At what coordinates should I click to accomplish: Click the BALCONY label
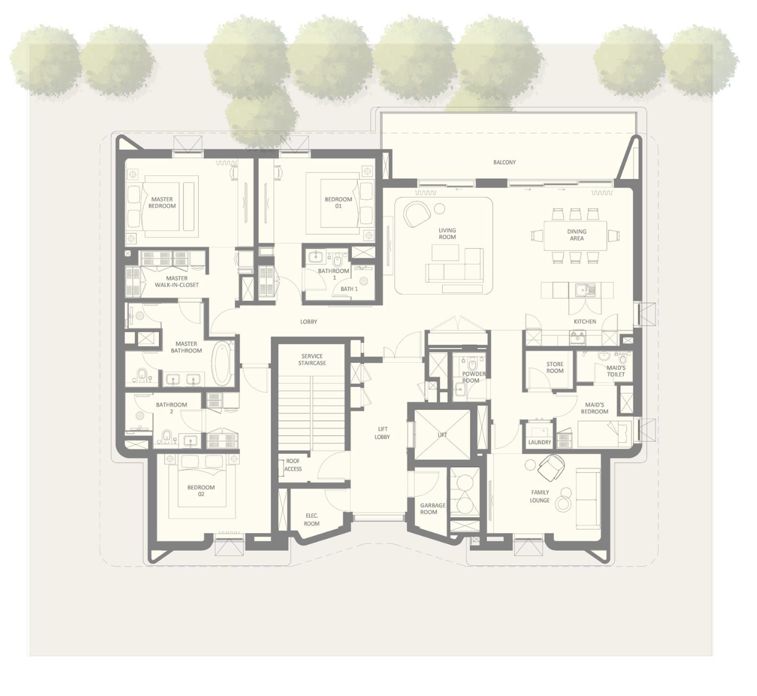click(504, 162)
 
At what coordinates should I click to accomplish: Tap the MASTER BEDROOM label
click(162, 203)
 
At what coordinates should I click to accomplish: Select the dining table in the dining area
click(576, 235)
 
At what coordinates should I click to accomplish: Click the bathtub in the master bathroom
click(220, 362)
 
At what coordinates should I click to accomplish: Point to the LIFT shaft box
click(442, 434)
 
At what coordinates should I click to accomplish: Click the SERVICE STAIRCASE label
click(312, 359)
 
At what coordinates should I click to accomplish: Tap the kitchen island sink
click(585, 290)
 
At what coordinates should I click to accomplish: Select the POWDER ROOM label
click(473, 377)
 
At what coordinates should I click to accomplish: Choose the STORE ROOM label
click(555, 367)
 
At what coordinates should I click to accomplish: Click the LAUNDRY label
click(540, 442)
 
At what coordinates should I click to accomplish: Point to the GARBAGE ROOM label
click(433, 508)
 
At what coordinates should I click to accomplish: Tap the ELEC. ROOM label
click(312, 519)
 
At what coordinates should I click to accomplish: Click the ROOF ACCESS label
click(293, 465)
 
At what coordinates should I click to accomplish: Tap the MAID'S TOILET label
click(616, 371)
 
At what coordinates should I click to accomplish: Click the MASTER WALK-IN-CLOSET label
click(176, 282)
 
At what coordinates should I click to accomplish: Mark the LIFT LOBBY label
click(382, 433)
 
